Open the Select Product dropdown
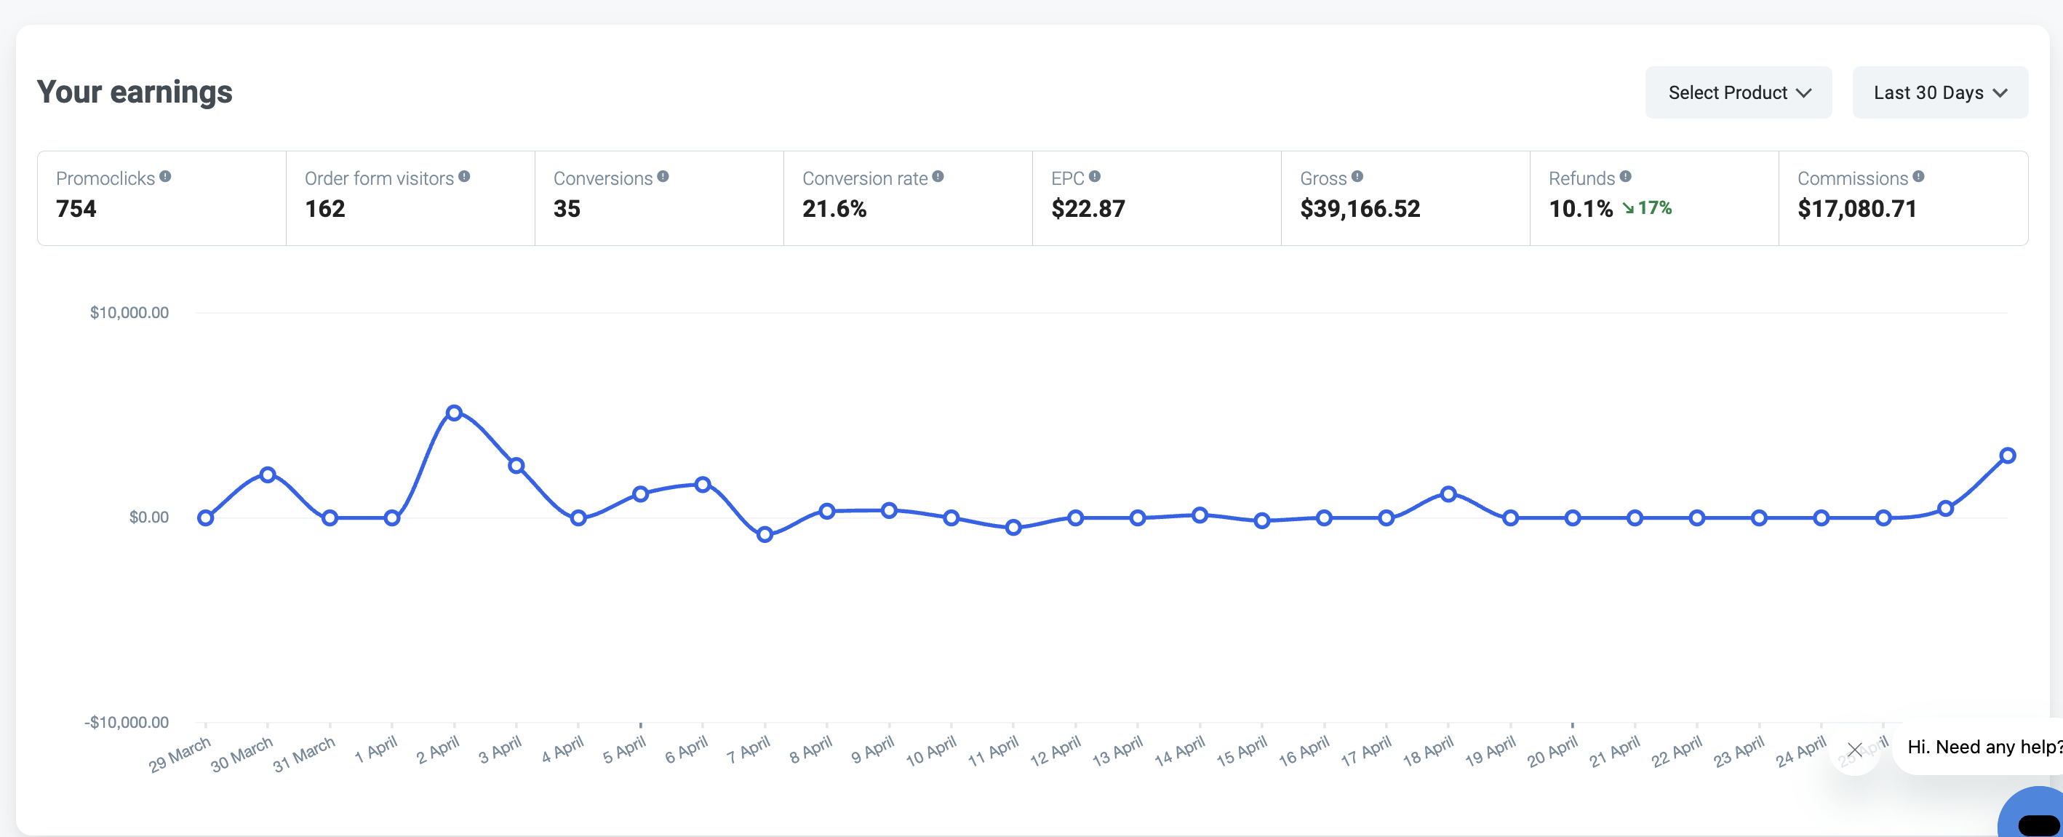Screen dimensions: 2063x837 (x=1738, y=93)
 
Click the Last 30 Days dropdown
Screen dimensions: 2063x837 (x=1939, y=93)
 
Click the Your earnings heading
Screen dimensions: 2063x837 (x=135, y=92)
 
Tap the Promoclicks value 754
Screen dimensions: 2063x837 (x=76, y=209)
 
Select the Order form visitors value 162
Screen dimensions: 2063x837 (x=325, y=209)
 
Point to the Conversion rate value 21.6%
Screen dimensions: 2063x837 (x=834, y=209)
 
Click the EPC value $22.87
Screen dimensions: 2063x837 (x=1088, y=209)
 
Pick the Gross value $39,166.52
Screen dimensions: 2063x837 (x=1360, y=209)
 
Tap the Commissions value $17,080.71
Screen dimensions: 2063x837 (x=1857, y=209)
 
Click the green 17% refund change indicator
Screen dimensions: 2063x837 (x=1648, y=208)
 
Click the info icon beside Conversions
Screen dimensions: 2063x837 (x=663, y=176)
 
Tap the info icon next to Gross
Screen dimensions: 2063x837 (x=1357, y=176)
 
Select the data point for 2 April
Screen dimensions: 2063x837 (x=454, y=413)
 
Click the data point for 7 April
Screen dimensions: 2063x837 (x=765, y=534)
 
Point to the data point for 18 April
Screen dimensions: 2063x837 (x=1448, y=494)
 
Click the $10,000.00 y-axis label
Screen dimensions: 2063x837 (x=129, y=312)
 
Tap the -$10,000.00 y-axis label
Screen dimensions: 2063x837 (x=127, y=723)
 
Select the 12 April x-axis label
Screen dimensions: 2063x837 (x=1056, y=751)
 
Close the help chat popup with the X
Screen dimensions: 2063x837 (x=1855, y=750)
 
